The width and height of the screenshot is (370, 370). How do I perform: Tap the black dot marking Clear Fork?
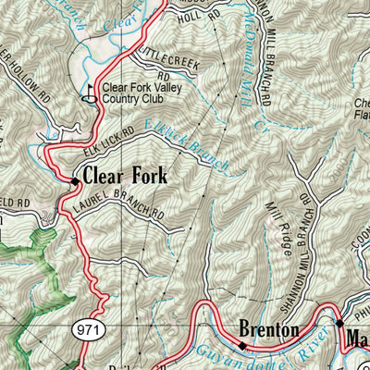[x=74, y=180]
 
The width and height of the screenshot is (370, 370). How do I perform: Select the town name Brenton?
[x=268, y=330]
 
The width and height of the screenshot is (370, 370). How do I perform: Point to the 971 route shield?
[x=84, y=330]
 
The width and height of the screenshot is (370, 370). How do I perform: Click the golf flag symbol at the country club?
[x=92, y=93]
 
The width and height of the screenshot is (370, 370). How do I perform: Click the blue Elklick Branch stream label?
[x=194, y=150]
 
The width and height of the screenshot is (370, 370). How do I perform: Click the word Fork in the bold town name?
[x=150, y=173]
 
